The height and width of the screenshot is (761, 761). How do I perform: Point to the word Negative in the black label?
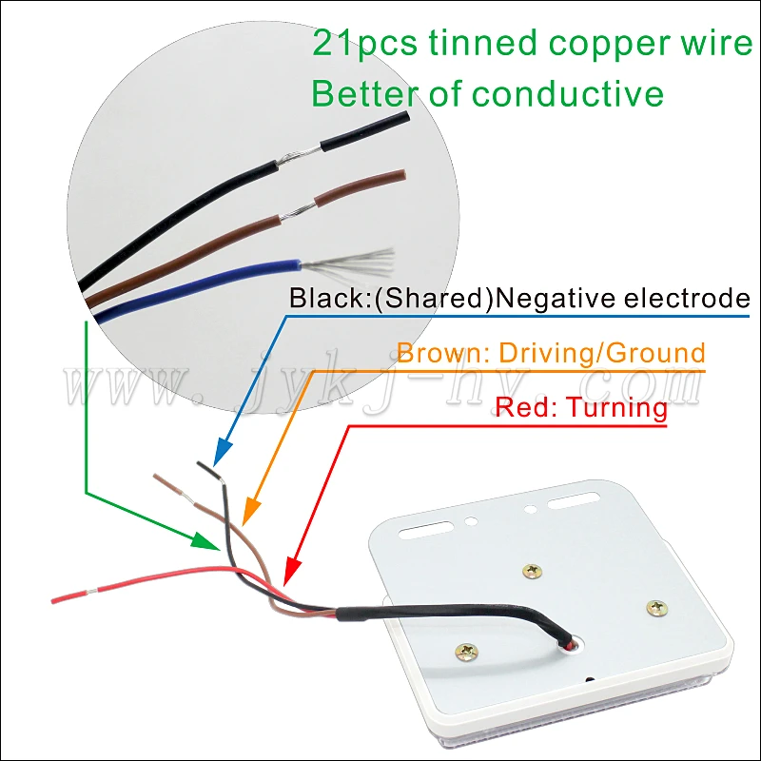click(559, 299)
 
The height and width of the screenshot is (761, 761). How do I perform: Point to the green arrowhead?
click(207, 542)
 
